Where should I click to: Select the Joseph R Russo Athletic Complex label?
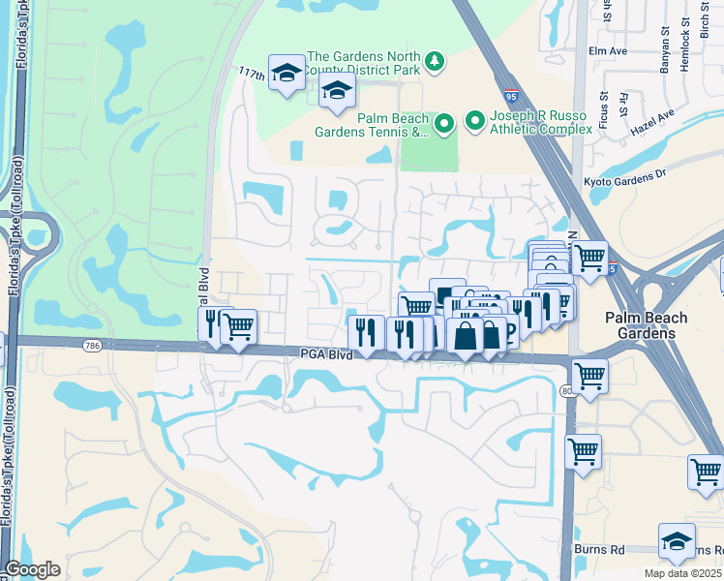[540, 121]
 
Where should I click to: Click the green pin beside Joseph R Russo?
[475, 121]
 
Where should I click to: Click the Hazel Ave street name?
[652, 121]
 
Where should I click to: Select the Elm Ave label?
[609, 49]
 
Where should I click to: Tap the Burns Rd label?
[603, 549]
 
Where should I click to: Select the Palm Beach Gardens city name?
[646, 325]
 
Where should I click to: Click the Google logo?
[32, 569]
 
